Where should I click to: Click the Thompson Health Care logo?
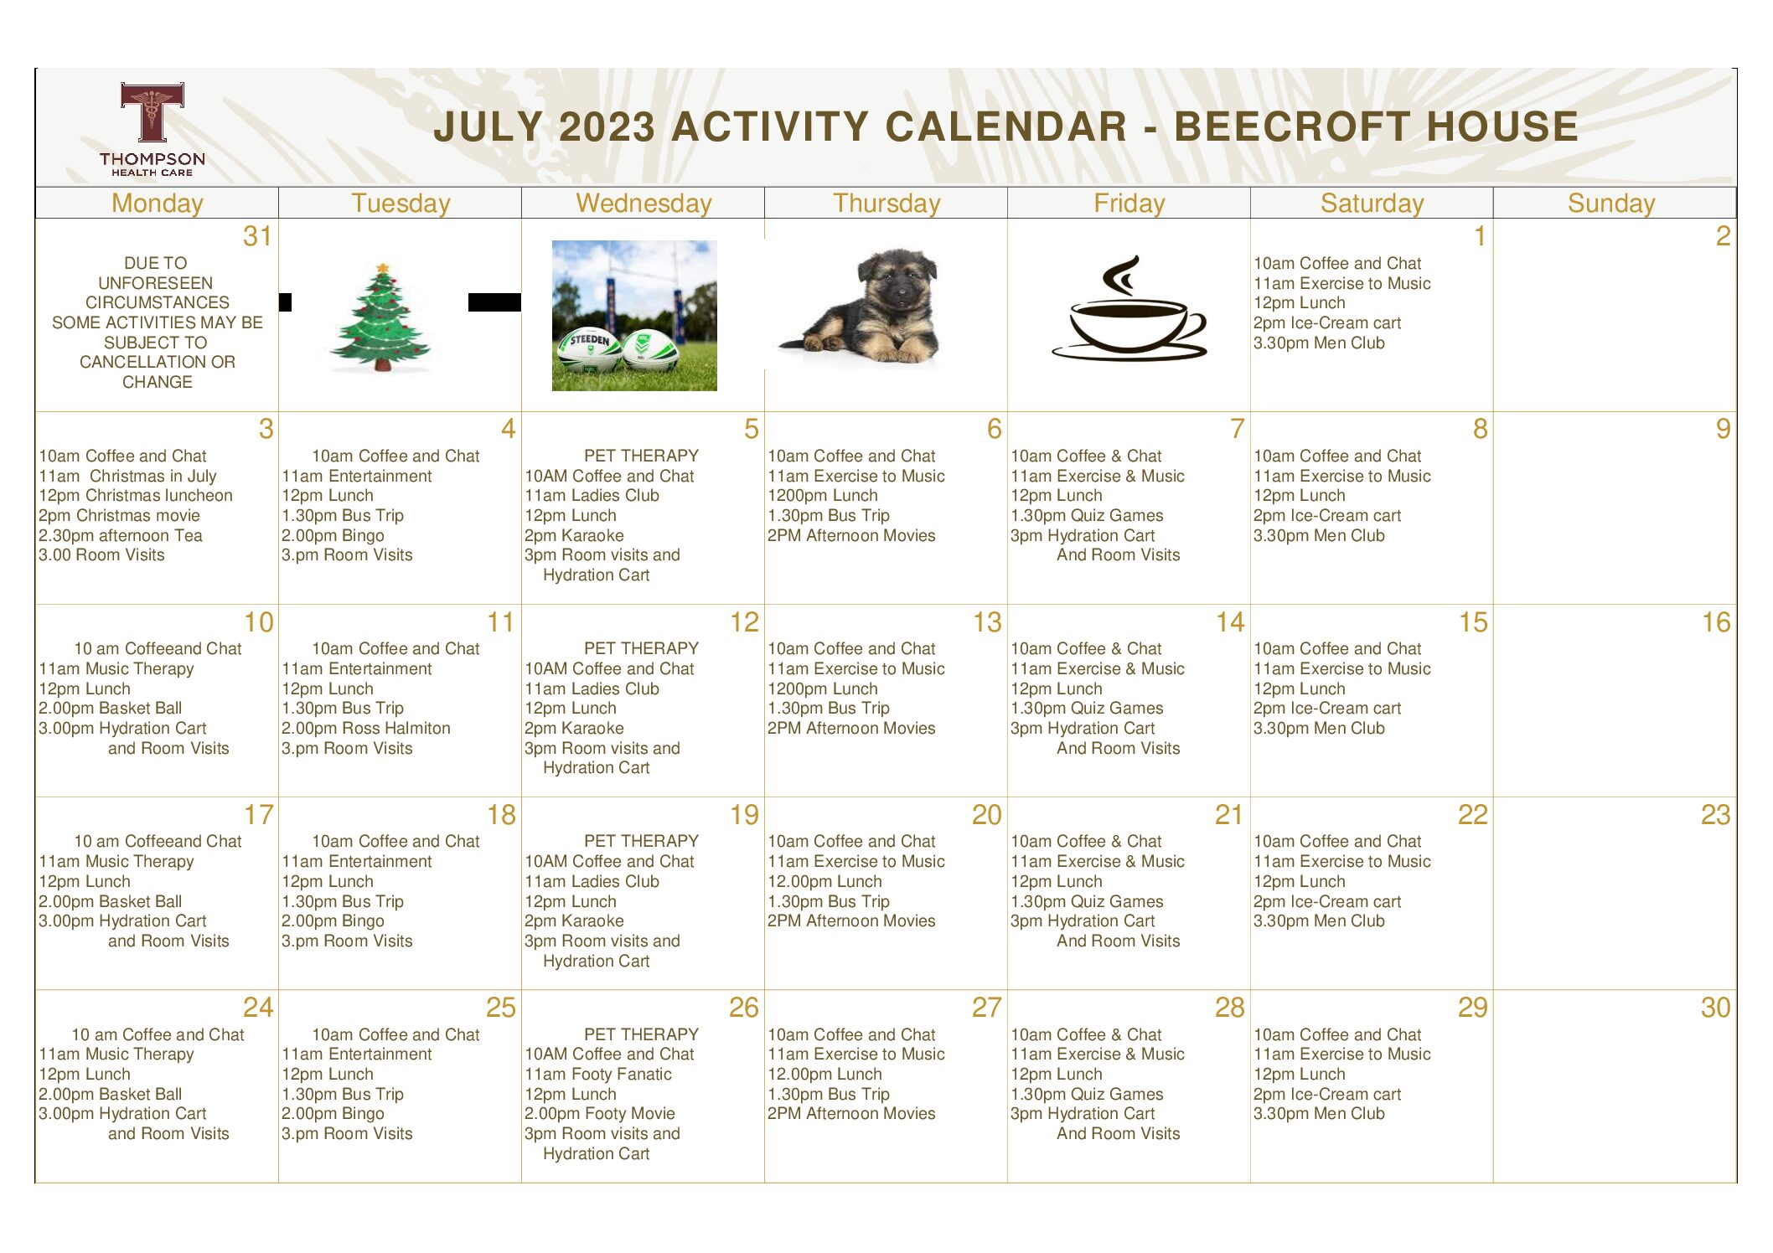click(x=152, y=129)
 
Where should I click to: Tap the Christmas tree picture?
click(x=381, y=317)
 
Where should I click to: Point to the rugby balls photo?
click(x=634, y=316)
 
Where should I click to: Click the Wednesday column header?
click(x=644, y=204)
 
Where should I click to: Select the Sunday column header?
click(x=1611, y=204)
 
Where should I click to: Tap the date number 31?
click(x=257, y=236)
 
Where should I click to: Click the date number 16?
click(x=1716, y=622)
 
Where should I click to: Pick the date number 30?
click(x=1715, y=1008)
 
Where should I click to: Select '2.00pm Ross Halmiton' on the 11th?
click(x=366, y=728)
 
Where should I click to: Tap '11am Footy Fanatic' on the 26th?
click(x=598, y=1074)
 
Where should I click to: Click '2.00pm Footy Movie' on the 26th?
click(x=600, y=1113)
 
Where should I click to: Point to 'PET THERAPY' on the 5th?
click(x=641, y=456)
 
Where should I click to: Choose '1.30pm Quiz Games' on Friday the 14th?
click(x=1087, y=708)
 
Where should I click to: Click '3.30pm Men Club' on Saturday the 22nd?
click(x=1319, y=920)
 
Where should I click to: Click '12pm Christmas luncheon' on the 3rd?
click(x=136, y=495)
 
